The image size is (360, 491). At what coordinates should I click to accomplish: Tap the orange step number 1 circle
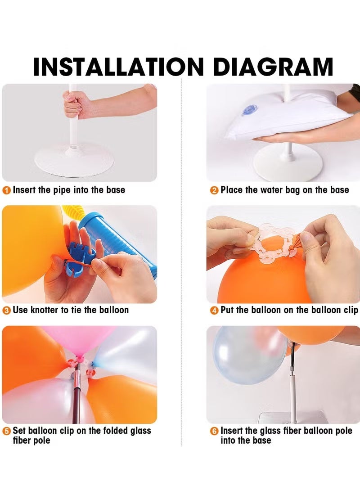click(x=7, y=190)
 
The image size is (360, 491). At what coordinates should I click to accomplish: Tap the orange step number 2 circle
click(x=214, y=190)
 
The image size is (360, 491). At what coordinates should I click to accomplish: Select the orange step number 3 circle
click(x=7, y=311)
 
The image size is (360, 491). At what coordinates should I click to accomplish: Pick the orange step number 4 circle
click(x=214, y=311)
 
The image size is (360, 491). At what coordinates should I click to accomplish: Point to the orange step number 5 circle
click(x=7, y=431)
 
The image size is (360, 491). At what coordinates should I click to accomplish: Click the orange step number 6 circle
click(x=214, y=431)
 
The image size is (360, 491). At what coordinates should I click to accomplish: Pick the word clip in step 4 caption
click(x=349, y=310)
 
